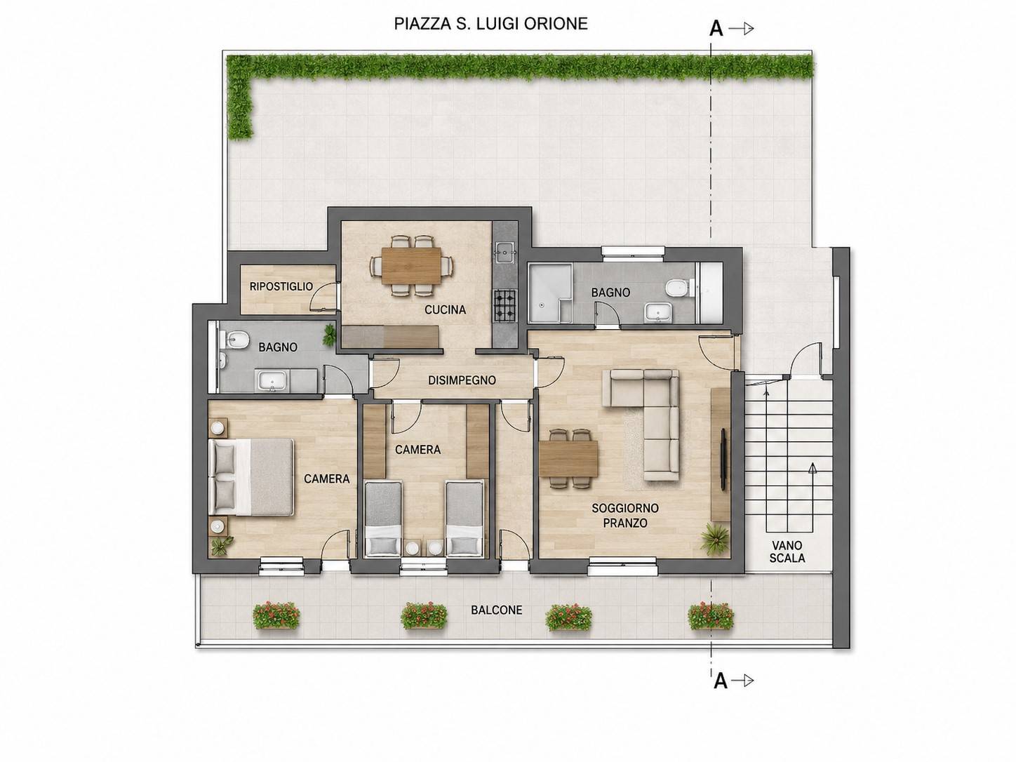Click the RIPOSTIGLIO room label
coord(281,286)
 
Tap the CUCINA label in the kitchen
coord(445,310)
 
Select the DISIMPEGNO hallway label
coord(462,380)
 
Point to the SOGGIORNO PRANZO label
coord(625,516)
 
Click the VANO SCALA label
coord(787,552)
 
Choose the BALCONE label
coord(496,610)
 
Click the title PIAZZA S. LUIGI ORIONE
coord(490,24)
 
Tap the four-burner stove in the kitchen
coord(504,305)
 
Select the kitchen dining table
coord(411,265)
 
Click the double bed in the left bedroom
coord(251,476)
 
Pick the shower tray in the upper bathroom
coord(550,293)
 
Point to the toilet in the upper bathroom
coord(680,288)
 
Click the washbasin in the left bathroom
coord(273,381)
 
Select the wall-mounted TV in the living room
coord(723,458)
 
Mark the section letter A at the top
coord(716,29)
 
